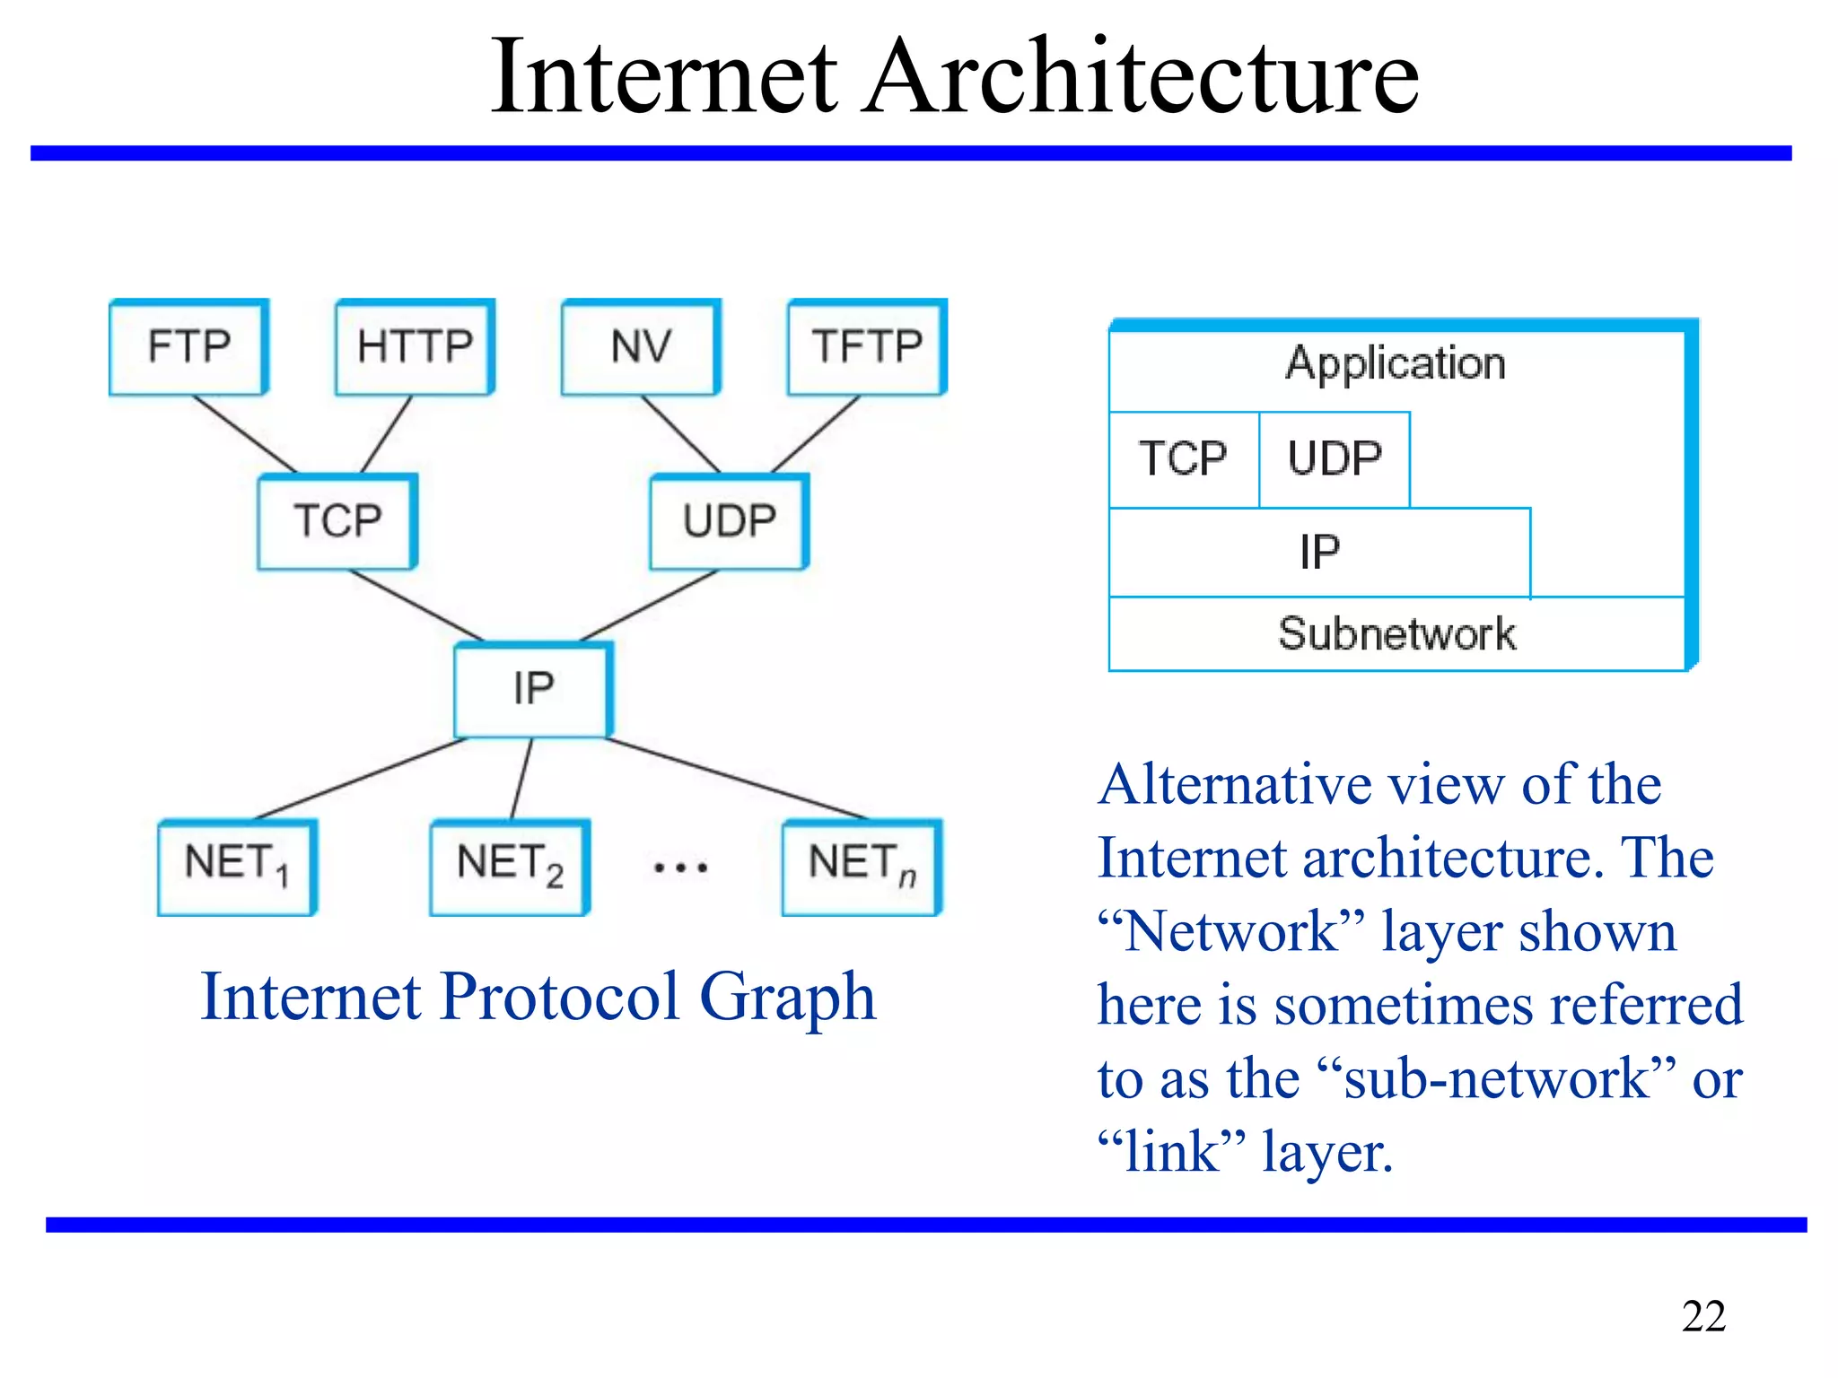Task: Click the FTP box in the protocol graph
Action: pos(188,347)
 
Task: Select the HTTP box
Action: pos(415,347)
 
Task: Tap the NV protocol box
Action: pos(641,347)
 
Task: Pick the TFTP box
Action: pos(867,347)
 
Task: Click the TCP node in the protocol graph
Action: pos(337,521)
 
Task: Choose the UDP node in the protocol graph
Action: pos(729,521)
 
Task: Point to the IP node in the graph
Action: pos(533,689)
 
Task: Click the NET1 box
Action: pos(237,867)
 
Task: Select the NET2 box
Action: pos(510,867)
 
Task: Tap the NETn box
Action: pos(862,867)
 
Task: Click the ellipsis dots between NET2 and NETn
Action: pos(680,868)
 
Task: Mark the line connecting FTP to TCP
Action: pos(244,433)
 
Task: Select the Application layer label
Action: pos(1395,364)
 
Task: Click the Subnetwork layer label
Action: pos(1396,634)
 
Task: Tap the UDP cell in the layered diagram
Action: pos(1335,459)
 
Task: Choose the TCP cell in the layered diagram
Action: pos(1183,459)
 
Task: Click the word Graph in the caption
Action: pos(787,998)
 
